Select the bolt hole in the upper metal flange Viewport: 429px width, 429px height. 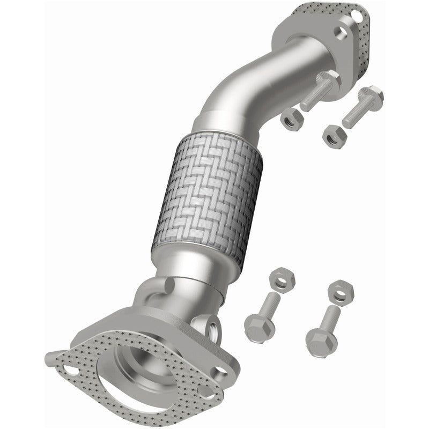[340, 33]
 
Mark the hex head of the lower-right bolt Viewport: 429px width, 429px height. [321, 339]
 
